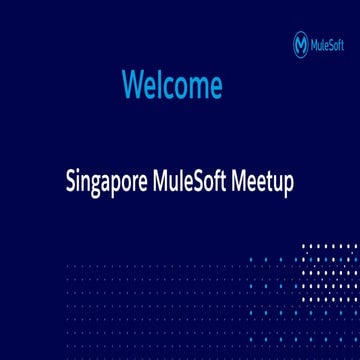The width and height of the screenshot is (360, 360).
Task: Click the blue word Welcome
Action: (171, 85)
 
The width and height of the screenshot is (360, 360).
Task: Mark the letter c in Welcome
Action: (170, 87)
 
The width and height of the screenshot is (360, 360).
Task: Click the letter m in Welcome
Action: (197, 87)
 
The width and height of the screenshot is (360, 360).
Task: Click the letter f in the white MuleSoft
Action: (227, 183)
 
